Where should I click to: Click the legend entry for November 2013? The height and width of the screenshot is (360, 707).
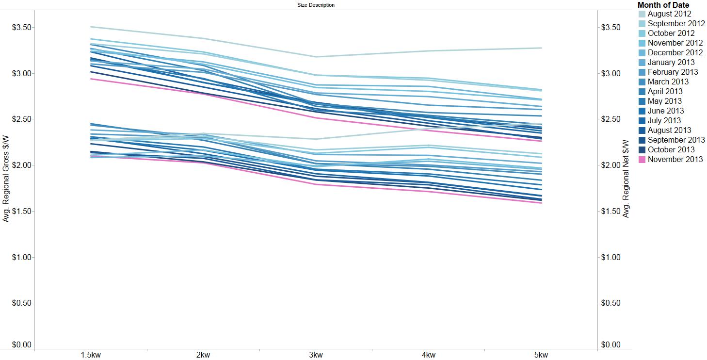pyautogui.click(x=675, y=159)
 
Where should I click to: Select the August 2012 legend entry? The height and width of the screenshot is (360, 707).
pyautogui.click(x=669, y=14)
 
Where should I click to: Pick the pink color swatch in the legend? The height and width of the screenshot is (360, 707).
pyautogui.click(x=642, y=159)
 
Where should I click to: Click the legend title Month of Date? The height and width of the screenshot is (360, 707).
pyautogui.click(x=663, y=5)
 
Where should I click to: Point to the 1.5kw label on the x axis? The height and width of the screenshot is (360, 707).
pyautogui.click(x=91, y=355)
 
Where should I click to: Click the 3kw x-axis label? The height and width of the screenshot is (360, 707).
pyautogui.click(x=316, y=355)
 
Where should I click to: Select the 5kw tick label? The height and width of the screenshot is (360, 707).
pyautogui.click(x=541, y=355)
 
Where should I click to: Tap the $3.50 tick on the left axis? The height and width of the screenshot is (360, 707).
pyautogui.click(x=22, y=27)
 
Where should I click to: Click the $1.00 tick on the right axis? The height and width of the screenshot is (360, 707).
pyautogui.click(x=611, y=257)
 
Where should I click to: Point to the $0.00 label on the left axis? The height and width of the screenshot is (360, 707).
pyautogui.click(x=22, y=345)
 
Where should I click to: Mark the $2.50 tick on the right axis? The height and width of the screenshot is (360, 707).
pyautogui.click(x=611, y=119)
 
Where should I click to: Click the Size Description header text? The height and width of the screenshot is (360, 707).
pyautogui.click(x=316, y=5)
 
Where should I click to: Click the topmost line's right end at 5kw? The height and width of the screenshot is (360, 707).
pyautogui.click(x=541, y=48)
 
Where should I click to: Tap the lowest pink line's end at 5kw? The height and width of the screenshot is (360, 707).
pyautogui.click(x=541, y=203)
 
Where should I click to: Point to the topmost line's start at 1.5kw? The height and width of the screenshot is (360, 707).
pyautogui.click(x=91, y=27)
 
